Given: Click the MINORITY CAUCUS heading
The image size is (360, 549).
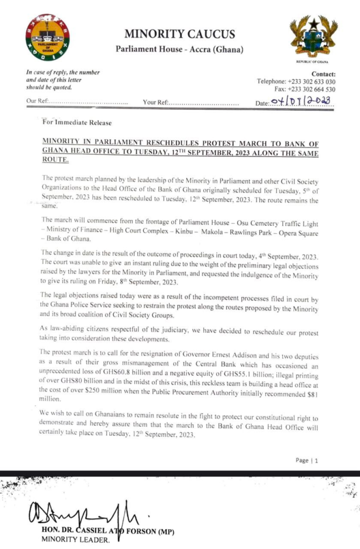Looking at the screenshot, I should (179, 35).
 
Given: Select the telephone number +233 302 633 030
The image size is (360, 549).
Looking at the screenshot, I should (311, 81).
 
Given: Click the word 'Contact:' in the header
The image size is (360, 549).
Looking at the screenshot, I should (324, 74).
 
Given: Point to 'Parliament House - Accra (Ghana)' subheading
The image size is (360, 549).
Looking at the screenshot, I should (179, 50).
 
